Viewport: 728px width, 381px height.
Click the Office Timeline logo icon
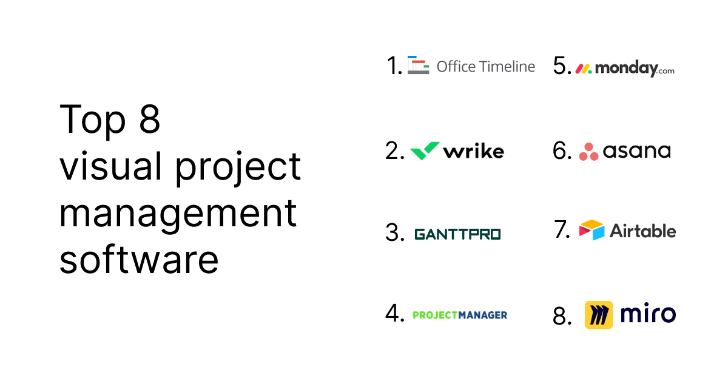tap(418, 65)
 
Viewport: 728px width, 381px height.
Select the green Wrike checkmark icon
tap(425, 150)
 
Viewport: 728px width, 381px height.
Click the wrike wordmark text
tap(473, 150)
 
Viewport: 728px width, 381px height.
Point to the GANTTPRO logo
tap(457, 234)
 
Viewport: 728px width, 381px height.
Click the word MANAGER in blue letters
tap(482, 315)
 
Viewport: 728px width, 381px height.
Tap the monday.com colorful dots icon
tap(583, 69)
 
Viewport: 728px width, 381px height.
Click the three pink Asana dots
tap(588, 152)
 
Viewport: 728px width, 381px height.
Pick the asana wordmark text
tap(636, 150)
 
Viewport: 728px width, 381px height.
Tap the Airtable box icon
tap(591, 230)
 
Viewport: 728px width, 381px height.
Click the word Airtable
tap(642, 231)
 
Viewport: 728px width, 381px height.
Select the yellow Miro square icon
tap(599, 315)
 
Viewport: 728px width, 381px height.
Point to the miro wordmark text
tap(647, 314)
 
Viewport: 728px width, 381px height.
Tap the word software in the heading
tap(139, 259)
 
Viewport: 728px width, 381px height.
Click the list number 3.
tap(394, 233)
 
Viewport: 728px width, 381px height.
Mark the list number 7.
tap(562, 229)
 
